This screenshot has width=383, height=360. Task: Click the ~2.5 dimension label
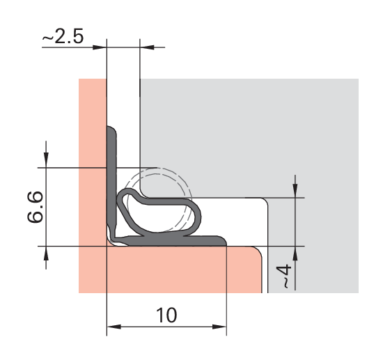[63, 37]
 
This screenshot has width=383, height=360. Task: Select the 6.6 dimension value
[36, 207]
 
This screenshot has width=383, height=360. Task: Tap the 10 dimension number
[166, 315]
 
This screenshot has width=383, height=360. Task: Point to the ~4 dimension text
[284, 276]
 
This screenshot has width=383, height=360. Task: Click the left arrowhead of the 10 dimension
[114, 327]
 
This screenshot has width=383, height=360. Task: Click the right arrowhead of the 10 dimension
[219, 327]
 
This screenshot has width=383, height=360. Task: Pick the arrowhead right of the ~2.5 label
[100, 47]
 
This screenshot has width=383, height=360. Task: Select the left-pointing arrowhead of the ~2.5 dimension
[147, 47]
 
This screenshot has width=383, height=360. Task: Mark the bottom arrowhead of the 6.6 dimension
[46, 253]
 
